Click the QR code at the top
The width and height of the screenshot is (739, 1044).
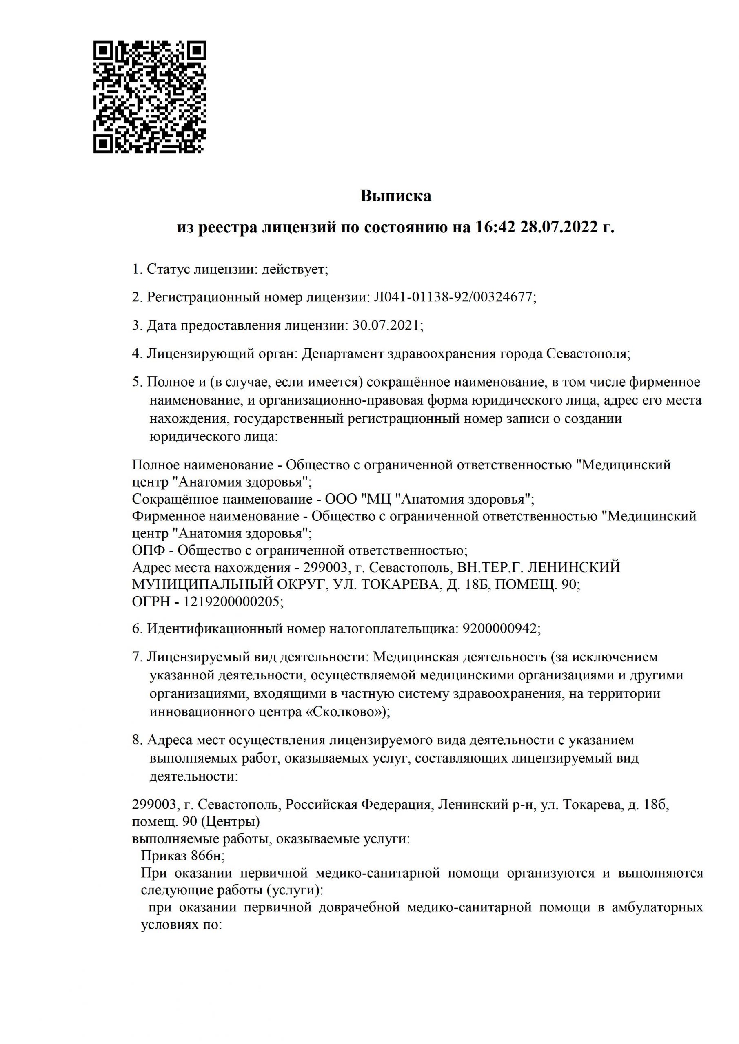pos(150,97)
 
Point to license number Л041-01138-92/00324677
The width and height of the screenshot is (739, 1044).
pos(453,297)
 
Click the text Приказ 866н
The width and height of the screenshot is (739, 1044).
pos(182,856)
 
